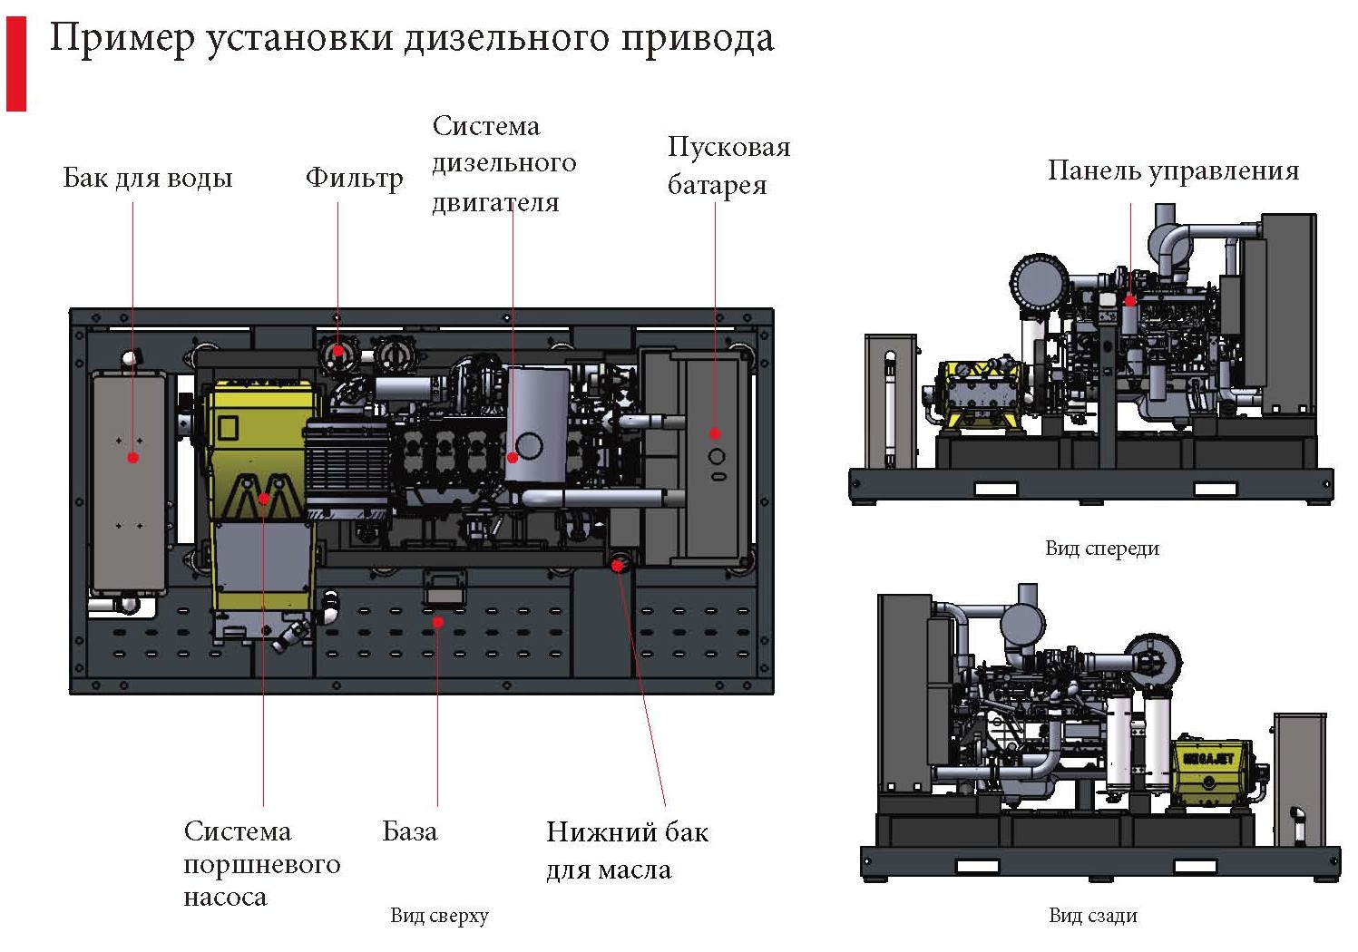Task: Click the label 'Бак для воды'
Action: click(x=148, y=178)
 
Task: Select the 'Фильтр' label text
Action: click(x=354, y=178)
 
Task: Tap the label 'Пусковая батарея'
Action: click(x=728, y=166)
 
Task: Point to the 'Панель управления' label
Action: click(x=1173, y=170)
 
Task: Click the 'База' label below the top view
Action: click(x=409, y=831)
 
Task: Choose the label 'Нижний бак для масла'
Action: click(x=626, y=850)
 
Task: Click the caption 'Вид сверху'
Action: click(x=439, y=916)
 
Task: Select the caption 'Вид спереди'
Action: click(x=1101, y=549)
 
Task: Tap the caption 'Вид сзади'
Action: click(x=1092, y=916)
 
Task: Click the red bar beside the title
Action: click(x=16, y=63)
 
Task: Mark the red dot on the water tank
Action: click(x=133, y=458)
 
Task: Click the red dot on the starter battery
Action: click(x=715, y=433)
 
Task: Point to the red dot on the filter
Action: click(x=338, y=350)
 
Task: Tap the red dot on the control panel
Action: click(x=1130, y=300)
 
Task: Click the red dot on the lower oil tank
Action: click(x=617, y=566)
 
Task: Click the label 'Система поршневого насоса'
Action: click(x=261, y=864)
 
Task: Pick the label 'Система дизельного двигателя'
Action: click(x=503, y=164)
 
